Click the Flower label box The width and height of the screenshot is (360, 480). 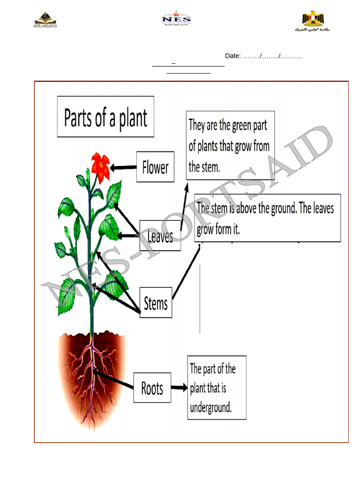[155, 167]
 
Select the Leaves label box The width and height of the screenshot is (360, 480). [160, 236]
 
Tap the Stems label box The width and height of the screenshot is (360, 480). [156, 303]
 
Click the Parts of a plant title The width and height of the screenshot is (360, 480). [105, 117]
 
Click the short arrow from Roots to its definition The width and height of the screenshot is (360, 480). [179, 388]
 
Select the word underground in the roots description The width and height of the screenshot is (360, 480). [210, 407]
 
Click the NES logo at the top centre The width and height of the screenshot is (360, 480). [176, 19]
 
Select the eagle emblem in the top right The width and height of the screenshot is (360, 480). [313, 20]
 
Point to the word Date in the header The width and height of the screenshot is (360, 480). [232, 56]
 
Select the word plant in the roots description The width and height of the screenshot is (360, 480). [199, 388]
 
